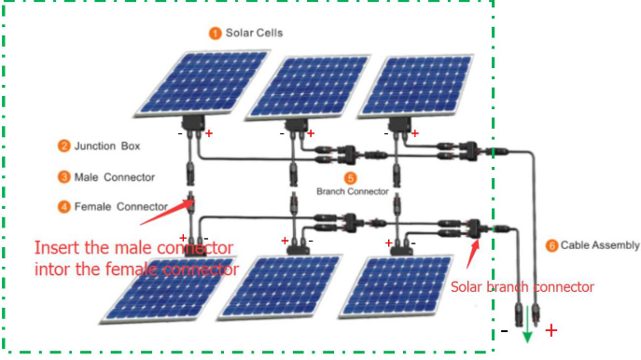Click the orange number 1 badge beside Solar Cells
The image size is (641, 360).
[215, 34]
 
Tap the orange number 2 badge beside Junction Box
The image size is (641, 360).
[63, 145]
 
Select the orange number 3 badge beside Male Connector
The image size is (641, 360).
[63, 176]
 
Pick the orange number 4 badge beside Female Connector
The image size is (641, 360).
[63, 206]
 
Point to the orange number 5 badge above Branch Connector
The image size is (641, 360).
[350, 177]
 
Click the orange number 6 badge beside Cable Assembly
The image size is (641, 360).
[551, 246]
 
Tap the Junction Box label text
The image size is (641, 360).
[110, 146]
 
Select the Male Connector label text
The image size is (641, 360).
[114, 176]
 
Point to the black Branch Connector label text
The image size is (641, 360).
[352, 191]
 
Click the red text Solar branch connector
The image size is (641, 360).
[522, 287]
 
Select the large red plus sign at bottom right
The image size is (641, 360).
[551, 330]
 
